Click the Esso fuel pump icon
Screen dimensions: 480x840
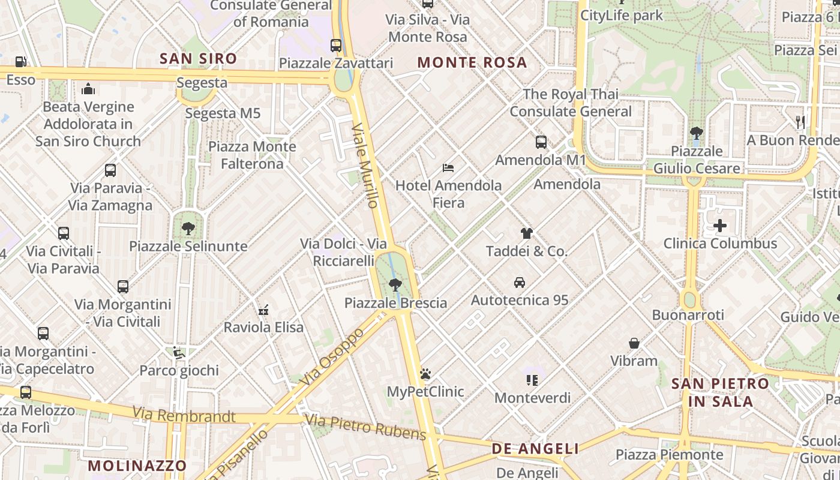point(20,61)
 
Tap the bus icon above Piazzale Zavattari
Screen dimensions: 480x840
point(336,45)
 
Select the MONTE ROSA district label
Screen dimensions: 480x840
point(472,62)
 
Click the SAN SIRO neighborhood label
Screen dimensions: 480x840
point(198,58)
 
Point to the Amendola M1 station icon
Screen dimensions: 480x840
point(541,142)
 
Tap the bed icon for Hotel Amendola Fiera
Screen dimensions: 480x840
point(448,168)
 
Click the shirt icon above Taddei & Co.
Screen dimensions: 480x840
point(527,233)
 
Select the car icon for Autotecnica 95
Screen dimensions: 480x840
point(520,282)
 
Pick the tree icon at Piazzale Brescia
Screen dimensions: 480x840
point(395,285)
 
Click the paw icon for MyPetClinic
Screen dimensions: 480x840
point(425,374)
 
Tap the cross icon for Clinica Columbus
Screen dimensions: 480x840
point(720,226)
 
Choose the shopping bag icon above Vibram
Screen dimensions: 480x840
point(634,343)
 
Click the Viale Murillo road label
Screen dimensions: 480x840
point(365,166)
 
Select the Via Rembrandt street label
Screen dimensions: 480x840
point(184,415)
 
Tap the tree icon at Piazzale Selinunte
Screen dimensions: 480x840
point(188,228)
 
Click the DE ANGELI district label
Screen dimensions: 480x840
point(535,449)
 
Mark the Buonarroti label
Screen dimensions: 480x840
point(688,315)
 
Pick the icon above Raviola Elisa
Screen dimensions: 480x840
point(263,310)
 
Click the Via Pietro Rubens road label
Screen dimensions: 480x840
point(365,427)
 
